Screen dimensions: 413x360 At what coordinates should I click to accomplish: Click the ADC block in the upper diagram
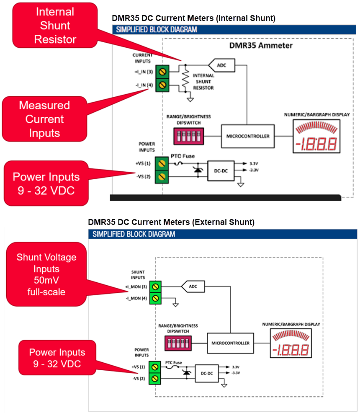(x=222, y=65)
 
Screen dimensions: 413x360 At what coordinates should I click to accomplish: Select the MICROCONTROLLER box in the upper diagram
(x=248, y=136)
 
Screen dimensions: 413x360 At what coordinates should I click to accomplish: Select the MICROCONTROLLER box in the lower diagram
(x=230, y=343)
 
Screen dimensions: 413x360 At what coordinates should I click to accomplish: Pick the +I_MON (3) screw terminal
(x=156, y=287)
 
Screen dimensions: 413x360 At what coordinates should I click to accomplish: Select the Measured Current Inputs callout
(x=44, y=119)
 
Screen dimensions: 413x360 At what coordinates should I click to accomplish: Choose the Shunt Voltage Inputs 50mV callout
(x=46, y=274)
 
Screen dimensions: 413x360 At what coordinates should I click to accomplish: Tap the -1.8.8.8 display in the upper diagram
(x=315, y=144)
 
